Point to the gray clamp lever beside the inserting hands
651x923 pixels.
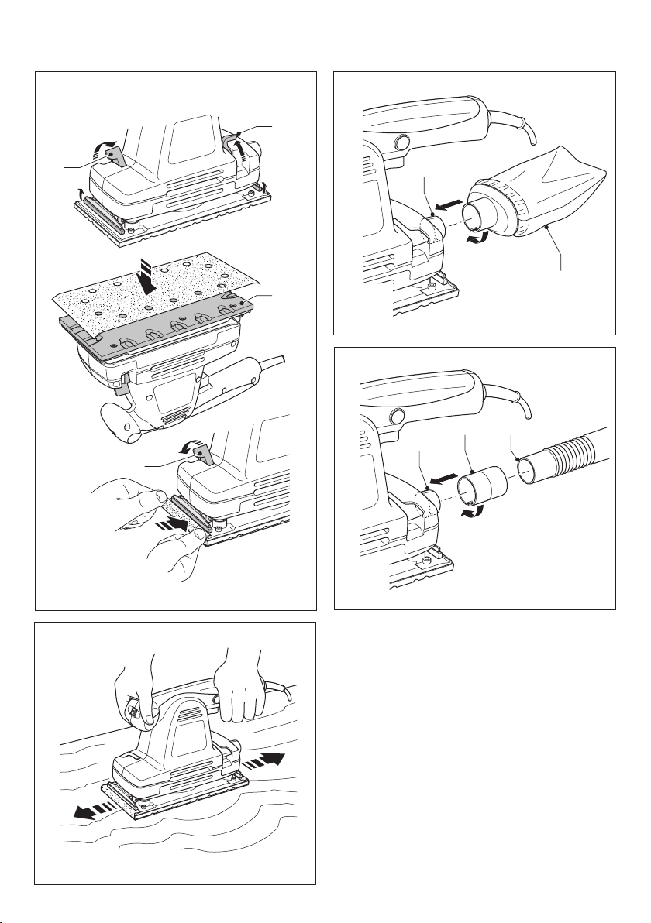click(x=203, y=451)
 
